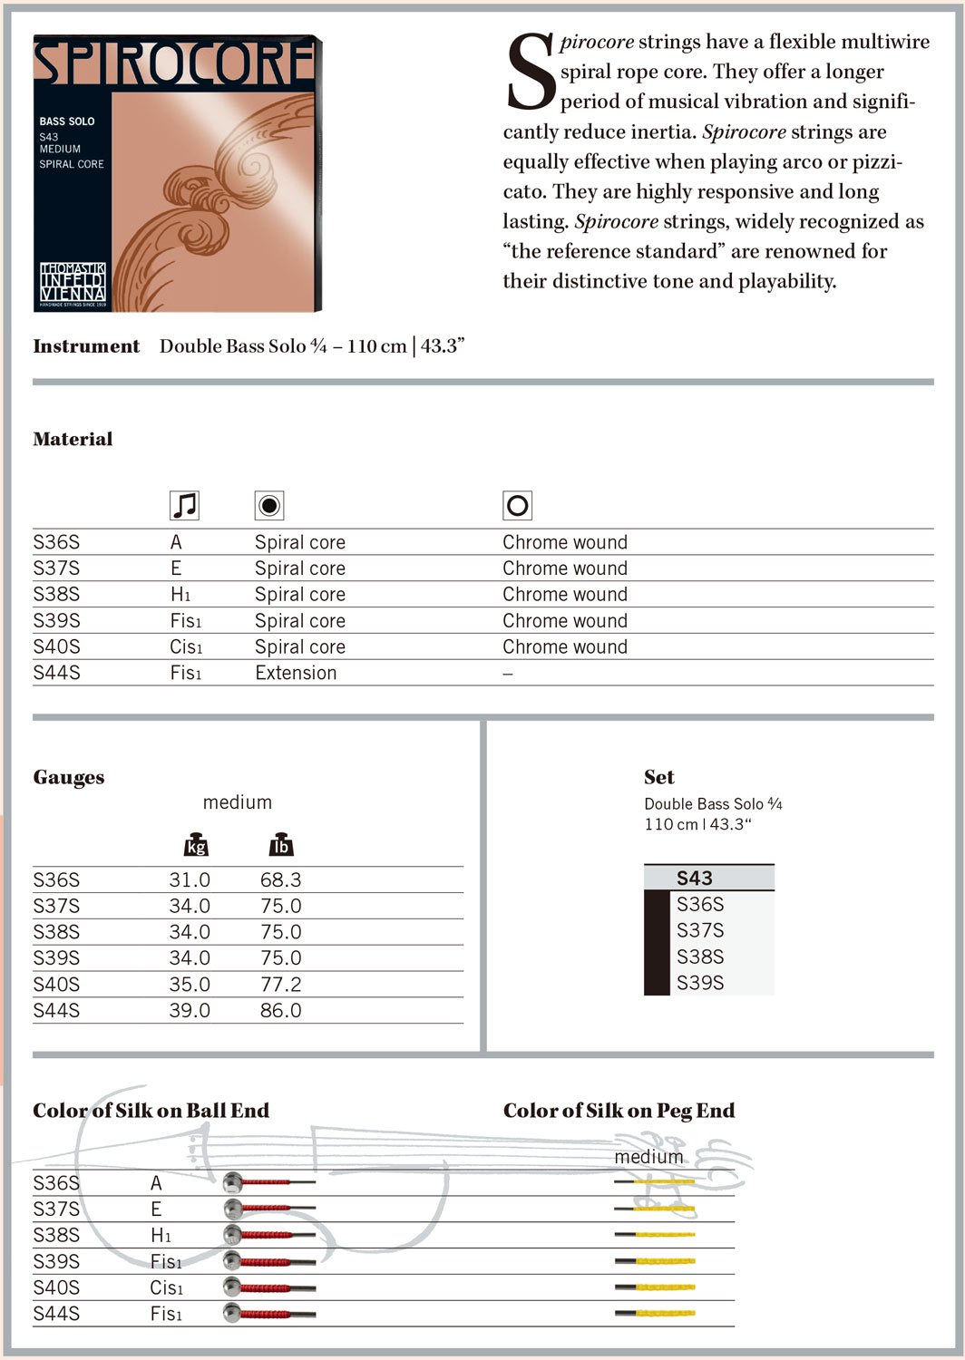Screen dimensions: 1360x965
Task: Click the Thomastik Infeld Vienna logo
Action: [x=73, y=283]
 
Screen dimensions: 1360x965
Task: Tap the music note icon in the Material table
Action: [x=184, y=505]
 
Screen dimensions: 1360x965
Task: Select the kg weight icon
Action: [x=196, y=844]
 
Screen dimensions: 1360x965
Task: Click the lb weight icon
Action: [x=281, y=844]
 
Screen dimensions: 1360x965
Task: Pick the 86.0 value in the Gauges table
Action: [x=280, y=1010]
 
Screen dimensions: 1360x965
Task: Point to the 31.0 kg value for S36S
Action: [x=190, y=879]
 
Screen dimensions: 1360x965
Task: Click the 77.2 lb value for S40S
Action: [x=280, y=984]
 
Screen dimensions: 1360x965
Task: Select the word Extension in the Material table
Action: [x=296, y=673]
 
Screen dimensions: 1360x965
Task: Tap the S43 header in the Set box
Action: [x=695, y=878]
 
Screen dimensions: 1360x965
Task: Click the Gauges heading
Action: [x=69, y=777]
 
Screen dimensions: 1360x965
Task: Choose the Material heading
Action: [x=73, y=439]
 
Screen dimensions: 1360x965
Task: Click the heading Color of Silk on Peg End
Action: [x=619, y=1111]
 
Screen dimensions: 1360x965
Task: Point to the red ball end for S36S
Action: [x=258, y=1182]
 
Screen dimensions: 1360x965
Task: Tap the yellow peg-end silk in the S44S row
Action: [x=664, y=1313]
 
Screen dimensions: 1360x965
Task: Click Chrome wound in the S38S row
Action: [x=565, y=595]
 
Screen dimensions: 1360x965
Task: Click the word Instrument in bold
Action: [x=86, y=346]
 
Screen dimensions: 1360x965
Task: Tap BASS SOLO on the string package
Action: [x=67, y=121]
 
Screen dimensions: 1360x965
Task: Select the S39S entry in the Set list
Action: [x=700, y=982]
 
